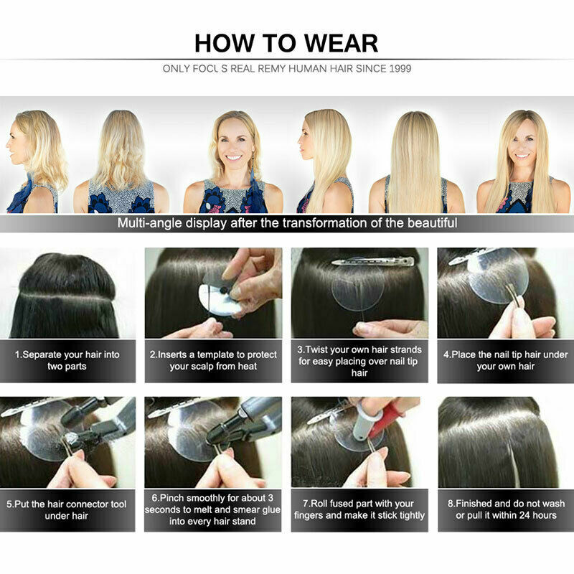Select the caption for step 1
pyautogui.click(x=67, y=360)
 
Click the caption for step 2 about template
pyautogui.click(x=213, y=360)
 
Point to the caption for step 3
pyautogui.click(x=359, y=361)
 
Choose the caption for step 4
pyautogui.click(x=505, y=360)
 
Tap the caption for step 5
pyautogui.click(x=67, y=509)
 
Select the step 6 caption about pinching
pyautogui.click(x=213, y=509)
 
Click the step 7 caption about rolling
pyautogui.click(x=359, y=509)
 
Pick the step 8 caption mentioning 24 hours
pyautogui.click(x=505, y=509)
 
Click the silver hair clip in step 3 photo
pyautogui.click(x=373, y=262)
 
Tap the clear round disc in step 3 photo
pyautogui.click(x=358, y=291)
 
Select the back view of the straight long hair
pyautogui.click(x=416, y=161)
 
